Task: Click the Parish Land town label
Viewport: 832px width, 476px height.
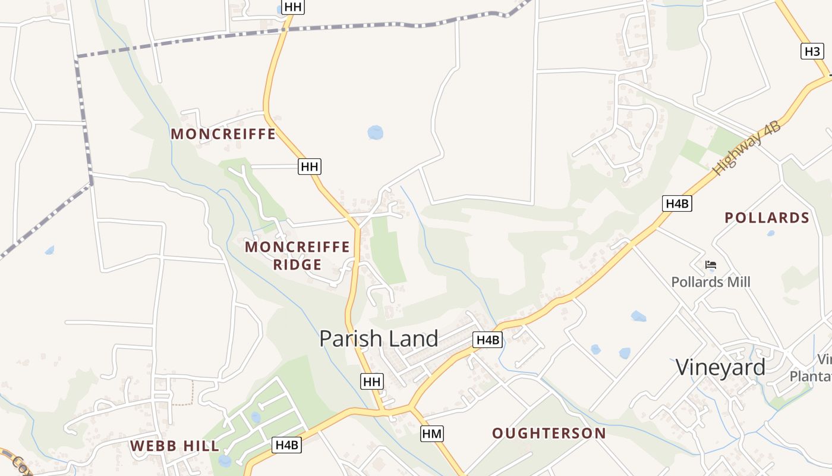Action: coord(379,339)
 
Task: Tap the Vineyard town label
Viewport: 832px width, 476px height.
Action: coord(720,367)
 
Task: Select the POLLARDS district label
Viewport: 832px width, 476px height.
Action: coord(767,218)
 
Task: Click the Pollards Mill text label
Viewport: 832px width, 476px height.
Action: coord(711,281)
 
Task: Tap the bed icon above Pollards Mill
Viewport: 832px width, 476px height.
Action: coord(710,265)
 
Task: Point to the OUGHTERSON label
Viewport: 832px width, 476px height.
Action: coord(549,433)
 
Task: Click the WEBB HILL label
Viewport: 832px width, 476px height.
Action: coord(175,446)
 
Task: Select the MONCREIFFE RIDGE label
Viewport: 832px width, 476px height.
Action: coord(297,255)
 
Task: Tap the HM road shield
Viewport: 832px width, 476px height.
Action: coord(432,434)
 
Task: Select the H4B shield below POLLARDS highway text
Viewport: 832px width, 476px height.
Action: coord(677,203)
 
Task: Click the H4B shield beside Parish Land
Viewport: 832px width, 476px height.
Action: coord(487,340)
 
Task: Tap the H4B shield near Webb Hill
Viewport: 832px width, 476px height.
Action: coord(288,444)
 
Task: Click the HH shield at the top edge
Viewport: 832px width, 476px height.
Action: coord(293,7)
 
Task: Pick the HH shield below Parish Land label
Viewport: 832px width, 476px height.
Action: coord(372,381)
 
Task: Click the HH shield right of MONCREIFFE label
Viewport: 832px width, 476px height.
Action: coord(310,167)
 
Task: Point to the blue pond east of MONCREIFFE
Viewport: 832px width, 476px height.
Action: coord(375,132)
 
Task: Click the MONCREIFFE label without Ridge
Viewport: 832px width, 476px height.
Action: coord(223,134)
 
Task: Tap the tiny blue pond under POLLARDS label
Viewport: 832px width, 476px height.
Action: coord(771,233)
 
